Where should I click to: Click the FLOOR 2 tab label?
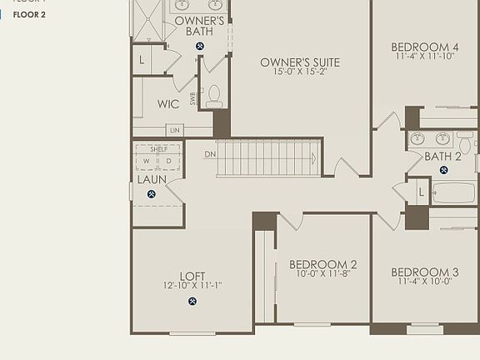[28, 14]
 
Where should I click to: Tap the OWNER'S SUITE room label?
[300, 62]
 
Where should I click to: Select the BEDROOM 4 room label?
[425, 47]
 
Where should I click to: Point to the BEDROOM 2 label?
[327, 264]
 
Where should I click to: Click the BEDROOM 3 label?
[425, 272]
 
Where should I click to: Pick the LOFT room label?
[192, 276]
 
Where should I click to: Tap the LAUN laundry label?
[151, 179]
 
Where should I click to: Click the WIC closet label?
[168, 104]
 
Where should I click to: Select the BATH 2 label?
[442, 156]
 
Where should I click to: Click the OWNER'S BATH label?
[199, 26]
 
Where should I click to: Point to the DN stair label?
[210, 154]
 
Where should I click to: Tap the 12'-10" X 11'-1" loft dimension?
[192, 286]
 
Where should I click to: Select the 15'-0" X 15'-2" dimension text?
[300, 72]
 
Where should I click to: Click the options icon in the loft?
[192, 302]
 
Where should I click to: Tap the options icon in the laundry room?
[152, 194]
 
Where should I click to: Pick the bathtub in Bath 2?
[454, 192]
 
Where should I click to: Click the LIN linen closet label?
[174, 130]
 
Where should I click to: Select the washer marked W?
[147, 161]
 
